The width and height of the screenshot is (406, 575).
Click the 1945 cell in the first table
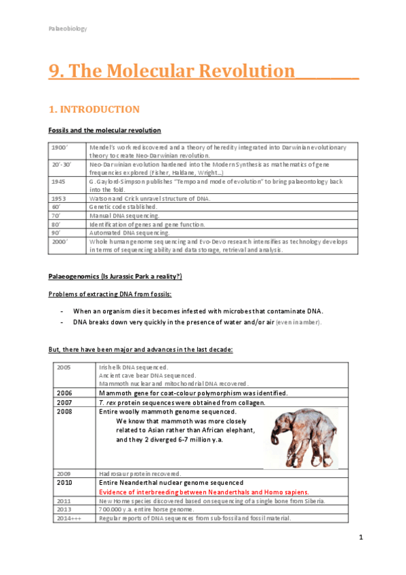[60, 182]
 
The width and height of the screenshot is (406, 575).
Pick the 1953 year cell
[60, 198]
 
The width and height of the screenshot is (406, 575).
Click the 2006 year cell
[65, 393]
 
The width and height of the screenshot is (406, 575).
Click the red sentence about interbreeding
[204, 492]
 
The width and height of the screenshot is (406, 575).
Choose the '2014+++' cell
[68, 518]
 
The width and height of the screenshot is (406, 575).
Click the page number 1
[361, 538]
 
